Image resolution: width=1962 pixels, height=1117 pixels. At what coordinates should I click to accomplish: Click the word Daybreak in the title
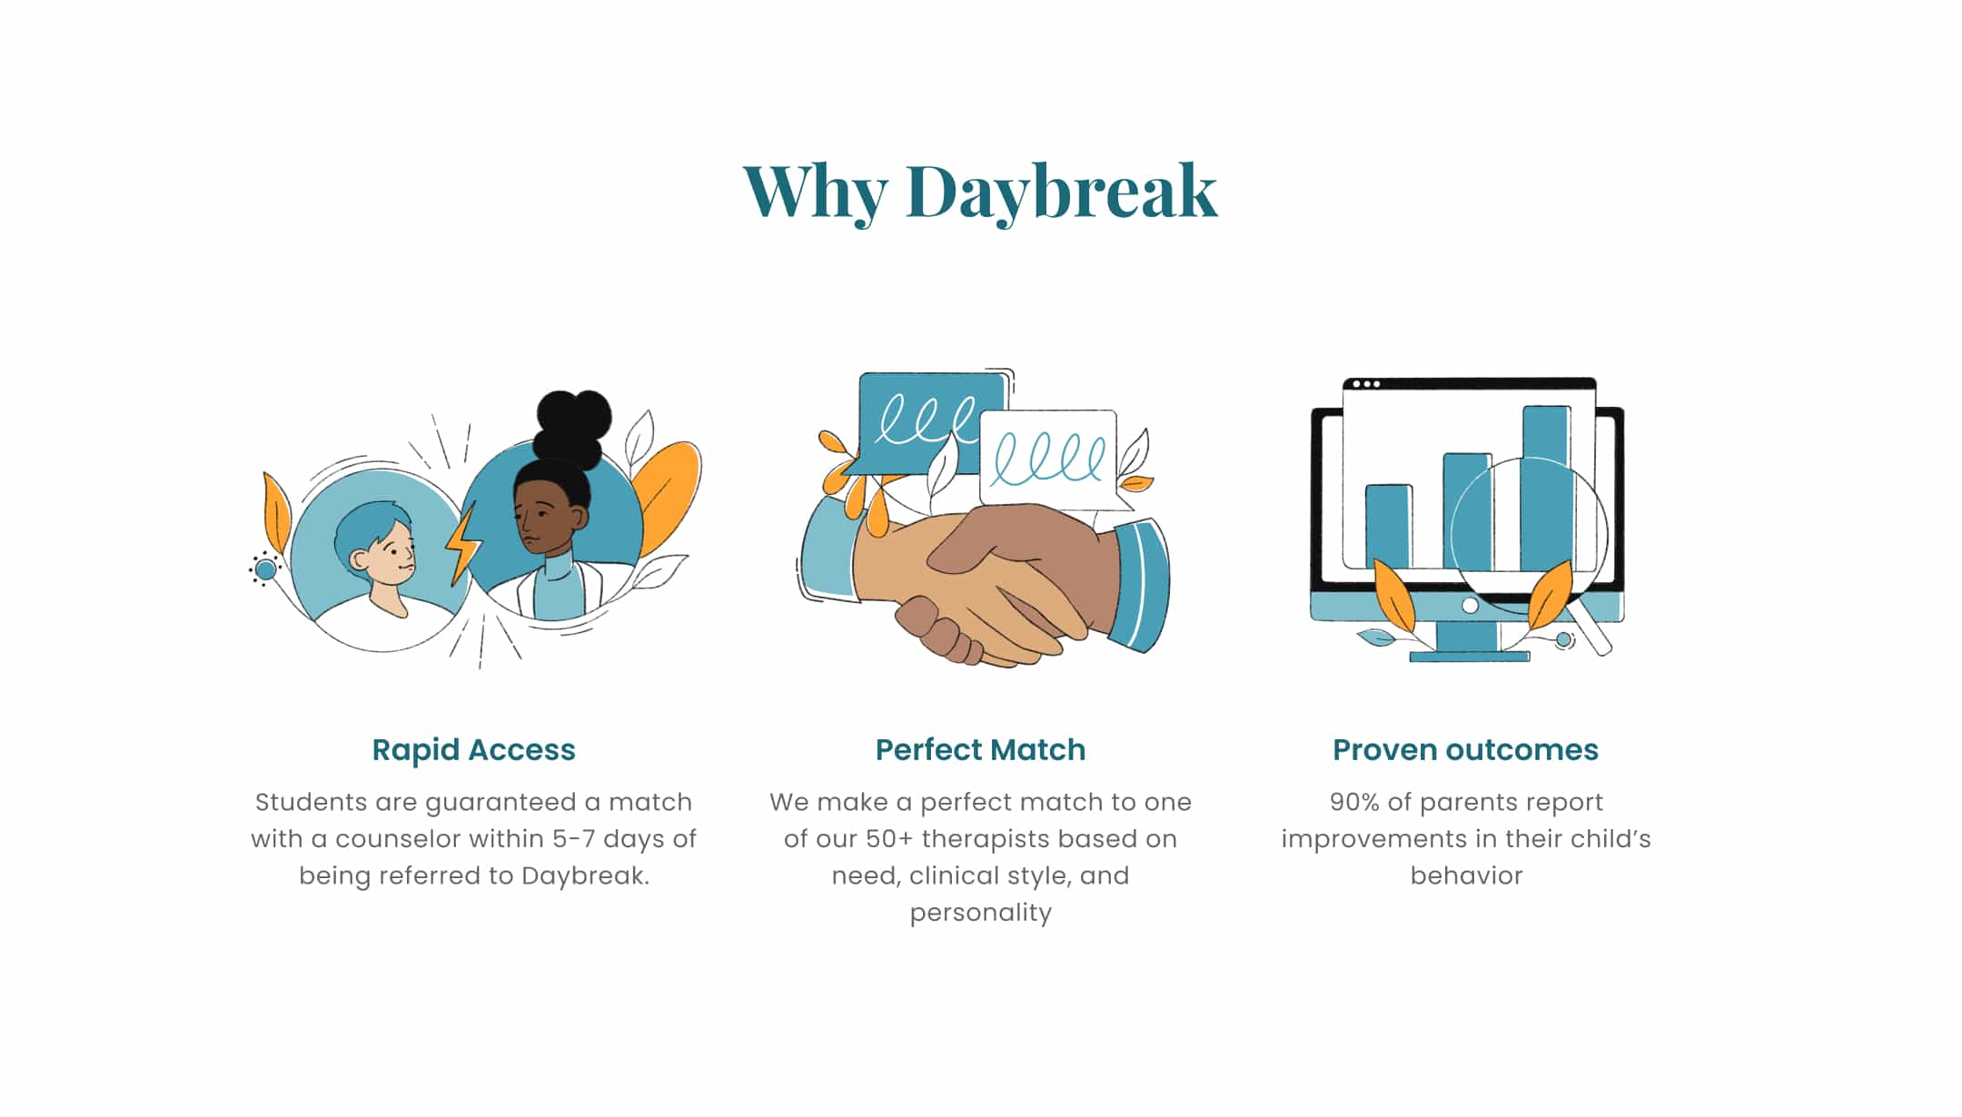tap(1061, 193)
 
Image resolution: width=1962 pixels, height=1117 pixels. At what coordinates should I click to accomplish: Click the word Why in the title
tap(815, 193)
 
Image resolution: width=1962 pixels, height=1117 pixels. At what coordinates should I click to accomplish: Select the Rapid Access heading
tap(473, 750)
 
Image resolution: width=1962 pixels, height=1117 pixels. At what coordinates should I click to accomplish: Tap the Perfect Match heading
tap(980, 750)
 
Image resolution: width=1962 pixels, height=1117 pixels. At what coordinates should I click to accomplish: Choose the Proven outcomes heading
tap(1465, 750)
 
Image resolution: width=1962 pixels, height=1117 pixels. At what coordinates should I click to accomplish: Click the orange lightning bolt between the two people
tap(463, 543)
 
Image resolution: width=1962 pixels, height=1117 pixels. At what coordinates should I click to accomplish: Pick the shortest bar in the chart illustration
tap(1389, 527)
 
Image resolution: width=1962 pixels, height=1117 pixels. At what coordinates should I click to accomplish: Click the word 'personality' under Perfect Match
tap(980, 913)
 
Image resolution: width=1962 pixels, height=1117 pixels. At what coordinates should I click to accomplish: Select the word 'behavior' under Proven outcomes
tap(1466, 875)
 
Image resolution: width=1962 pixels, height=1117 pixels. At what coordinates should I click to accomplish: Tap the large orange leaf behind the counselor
tap(668, 495)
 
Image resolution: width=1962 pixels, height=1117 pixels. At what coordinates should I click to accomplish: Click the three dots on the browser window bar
tap(1366, 384)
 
